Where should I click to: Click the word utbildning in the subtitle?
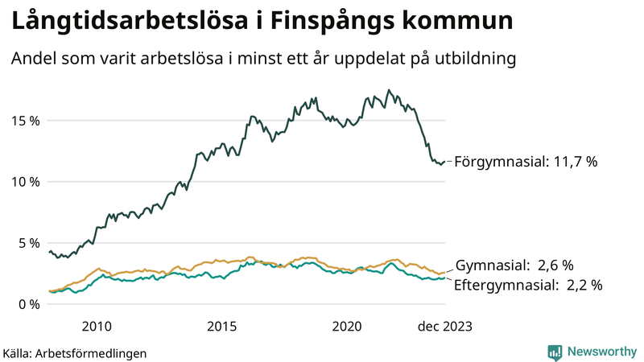pos(470,59)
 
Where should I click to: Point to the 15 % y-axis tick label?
pos(26,121)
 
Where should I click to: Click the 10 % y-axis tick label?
pos(26,182)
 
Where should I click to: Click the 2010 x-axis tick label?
pos(96,326)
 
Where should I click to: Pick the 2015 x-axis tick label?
pos(221,326)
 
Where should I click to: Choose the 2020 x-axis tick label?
pos(347,326)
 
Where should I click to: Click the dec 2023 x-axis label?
pos(445,326)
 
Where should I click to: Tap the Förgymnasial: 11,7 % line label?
pos(526,162)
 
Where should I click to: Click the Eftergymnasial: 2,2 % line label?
pos(528,285)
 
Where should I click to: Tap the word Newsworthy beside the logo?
pos(601,352)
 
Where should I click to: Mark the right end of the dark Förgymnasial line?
pos(445,162)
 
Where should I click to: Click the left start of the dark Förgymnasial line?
pos(50,252)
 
